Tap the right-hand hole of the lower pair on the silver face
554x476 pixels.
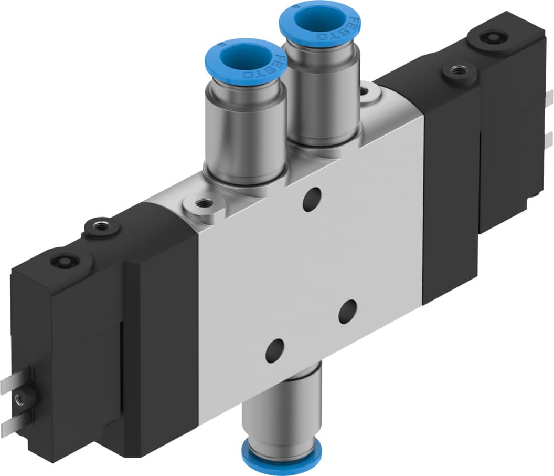pos(347,312)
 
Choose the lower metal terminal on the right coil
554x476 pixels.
pos(549,139)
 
